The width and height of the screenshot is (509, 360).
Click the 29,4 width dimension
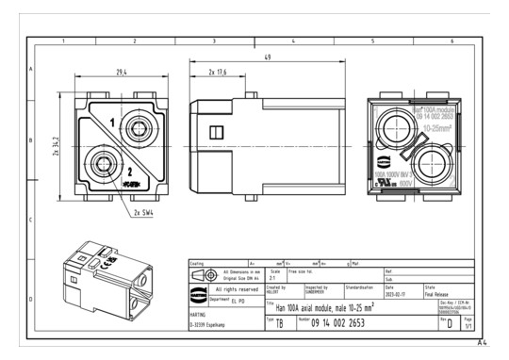[x=123, y=72]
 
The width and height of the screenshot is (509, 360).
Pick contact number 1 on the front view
[x=113, y=123]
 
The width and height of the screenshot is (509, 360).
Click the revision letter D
[x=448, y=322]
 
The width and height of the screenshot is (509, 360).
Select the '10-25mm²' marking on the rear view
[x=437, y=125]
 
